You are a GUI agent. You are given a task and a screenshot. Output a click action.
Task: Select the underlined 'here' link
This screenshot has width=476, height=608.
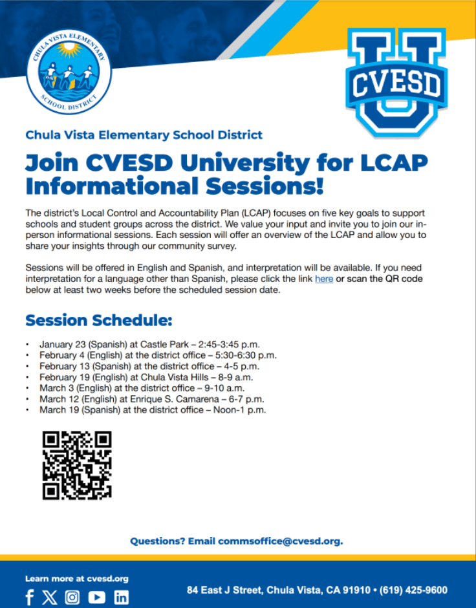pyautogui.click(x=324, y=278)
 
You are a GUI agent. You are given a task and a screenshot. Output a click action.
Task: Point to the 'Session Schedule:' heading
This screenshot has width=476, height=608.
pyautogui.click(x=99, y=320)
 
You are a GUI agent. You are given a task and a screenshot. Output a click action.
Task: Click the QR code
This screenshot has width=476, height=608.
pyautogui.click(x=77, y=466)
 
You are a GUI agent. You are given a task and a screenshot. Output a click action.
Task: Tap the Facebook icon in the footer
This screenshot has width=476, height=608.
pyautogui.click(x=30, y=597)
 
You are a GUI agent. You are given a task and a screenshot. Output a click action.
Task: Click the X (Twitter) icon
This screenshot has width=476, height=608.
pyautogui.click(x=50, y=597)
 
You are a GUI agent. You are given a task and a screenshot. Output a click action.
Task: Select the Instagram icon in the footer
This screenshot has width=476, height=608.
pyautogui.click(x=72, y=597)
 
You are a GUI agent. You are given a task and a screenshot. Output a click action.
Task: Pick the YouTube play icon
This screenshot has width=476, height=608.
pyautogui.click(x=96, y=597)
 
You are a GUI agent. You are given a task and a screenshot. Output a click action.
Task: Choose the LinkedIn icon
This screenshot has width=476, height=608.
pyautogui.click(x=122, y=597)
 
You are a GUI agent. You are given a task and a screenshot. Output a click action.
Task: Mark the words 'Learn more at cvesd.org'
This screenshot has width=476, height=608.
pyautogui.click(x=76, y=578)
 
